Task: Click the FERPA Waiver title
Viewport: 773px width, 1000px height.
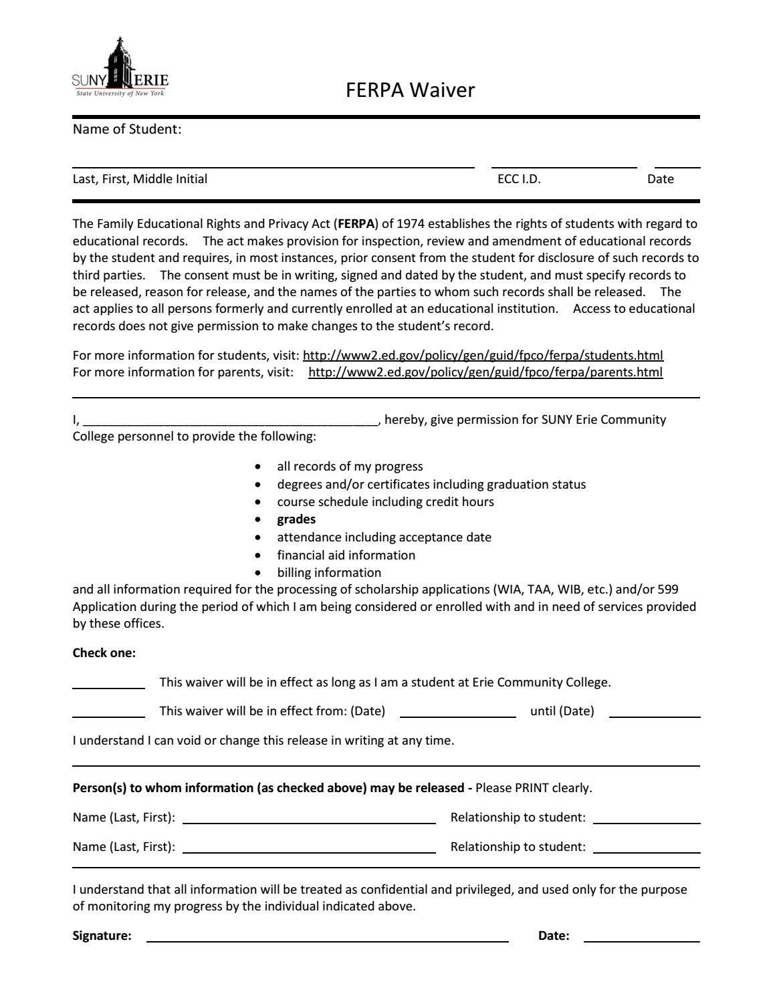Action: pyautogui.click(x=410, y=90)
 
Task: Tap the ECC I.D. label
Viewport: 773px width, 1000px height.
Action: pyautogui.click(x=518, y=179)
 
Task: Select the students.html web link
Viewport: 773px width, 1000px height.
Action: pyautogui.click(x=483, y=355)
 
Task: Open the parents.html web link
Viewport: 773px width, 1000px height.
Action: pyautogui.click(x=485, y=372)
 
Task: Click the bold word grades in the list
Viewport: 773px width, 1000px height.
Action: pyautogui.click(x=296, y=519)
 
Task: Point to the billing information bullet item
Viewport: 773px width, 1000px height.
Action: pyautogui.click(x=329, y=573)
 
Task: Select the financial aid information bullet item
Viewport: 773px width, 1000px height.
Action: pyautogui.click(x=346, y=555)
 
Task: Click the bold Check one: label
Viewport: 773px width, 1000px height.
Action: pyautogui.click(x=104, y=653)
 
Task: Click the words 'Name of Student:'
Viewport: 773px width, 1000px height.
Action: pyautogui.click(x=127, y=129)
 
